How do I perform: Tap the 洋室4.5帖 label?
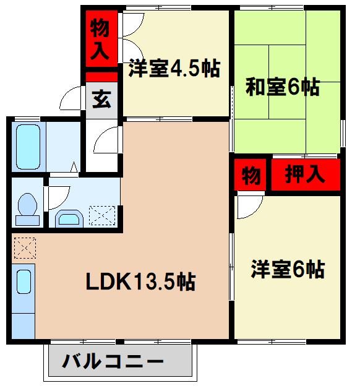click(174, 68)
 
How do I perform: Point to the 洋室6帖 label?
click(288, 270)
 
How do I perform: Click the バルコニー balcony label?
click(114, 361)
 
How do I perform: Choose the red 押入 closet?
click(304, 175)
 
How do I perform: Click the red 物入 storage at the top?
click(100, 38)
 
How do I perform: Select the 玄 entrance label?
click(100, 99)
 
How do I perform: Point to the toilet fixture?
click(27, 208)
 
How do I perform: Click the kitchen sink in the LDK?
click(24, 282)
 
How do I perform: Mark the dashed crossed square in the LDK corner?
click(25, 249)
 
